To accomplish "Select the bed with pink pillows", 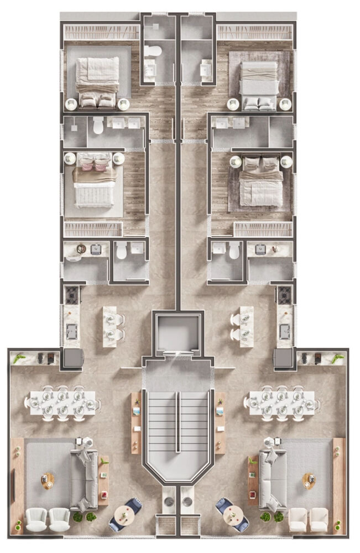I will tap(94, 182).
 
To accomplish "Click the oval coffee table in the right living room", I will tap(308, 481).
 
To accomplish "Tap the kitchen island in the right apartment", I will tap(242, 326).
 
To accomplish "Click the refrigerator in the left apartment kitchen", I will tap(72, 359).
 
